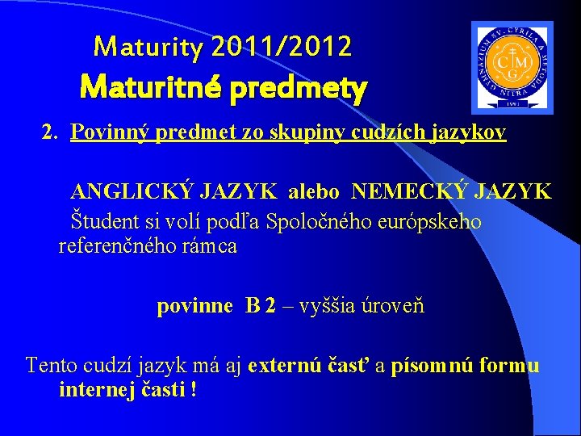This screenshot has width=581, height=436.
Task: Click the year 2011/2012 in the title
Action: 282,48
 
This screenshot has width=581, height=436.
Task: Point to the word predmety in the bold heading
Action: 298,87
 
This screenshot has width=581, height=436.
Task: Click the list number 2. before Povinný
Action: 52,132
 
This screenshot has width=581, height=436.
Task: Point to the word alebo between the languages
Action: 315,192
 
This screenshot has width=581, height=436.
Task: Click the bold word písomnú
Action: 433,365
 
